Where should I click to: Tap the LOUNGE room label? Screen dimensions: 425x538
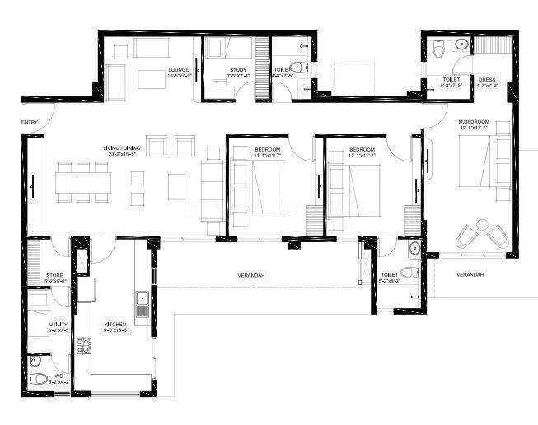[179, 69]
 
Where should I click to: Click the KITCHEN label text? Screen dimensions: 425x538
[115, 325]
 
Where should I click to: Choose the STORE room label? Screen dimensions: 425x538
[55, 275]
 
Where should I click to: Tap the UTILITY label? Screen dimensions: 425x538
[58, 325]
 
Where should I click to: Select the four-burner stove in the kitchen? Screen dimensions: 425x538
[83, 347]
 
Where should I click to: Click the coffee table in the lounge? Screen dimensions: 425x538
[152, 79]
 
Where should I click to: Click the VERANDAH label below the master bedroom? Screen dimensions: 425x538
[470, 274]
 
